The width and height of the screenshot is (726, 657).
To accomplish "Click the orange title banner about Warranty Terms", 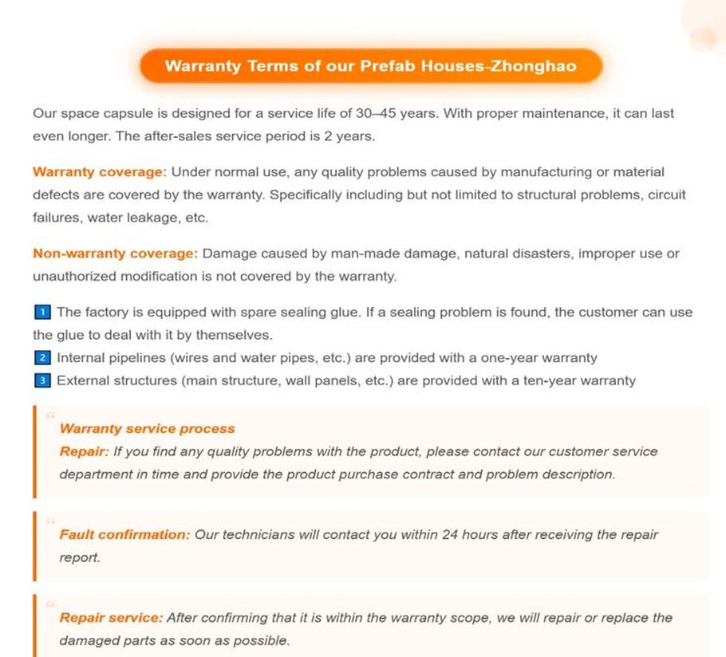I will [x=370, y=66].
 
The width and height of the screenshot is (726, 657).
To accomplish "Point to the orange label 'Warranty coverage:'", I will [x=100, y=172].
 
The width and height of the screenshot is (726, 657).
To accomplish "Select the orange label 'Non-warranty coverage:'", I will [x=115, y=254].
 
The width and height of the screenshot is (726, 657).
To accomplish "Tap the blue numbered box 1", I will [x=43, y=312].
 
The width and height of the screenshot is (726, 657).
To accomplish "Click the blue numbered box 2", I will [x=43, y=358].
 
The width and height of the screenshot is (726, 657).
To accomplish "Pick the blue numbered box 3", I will [x=43, y=380].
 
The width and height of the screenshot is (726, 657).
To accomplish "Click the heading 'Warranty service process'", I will [x=147, y=429].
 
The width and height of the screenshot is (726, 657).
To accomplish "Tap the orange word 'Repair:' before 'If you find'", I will [x=84, y=451].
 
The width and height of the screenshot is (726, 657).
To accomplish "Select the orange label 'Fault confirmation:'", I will [x=124, y=534].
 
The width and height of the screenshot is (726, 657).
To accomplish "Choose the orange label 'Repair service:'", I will [x=111, y=617].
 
